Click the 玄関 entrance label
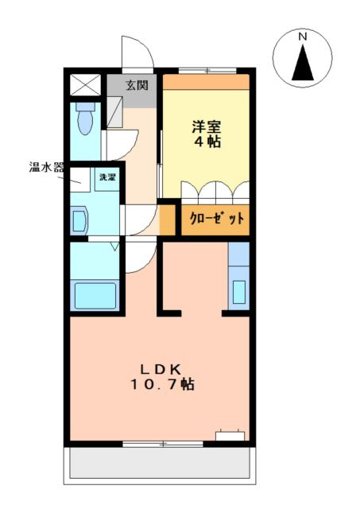pyautogui.click(x=136, y=85)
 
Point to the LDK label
pyautogui.click(x=163, y=369)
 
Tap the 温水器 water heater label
pyautogui.click(x=46, y=168)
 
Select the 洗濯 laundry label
pyautogui.click(x=106, y=177)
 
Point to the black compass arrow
pyautogui.click(x=303, y=64)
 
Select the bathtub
pyautogui.click(x=95, y=294)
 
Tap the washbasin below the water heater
pyautogui.click(x=79, y=219)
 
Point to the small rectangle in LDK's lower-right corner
pyautogui.click(x=230, y=435)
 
